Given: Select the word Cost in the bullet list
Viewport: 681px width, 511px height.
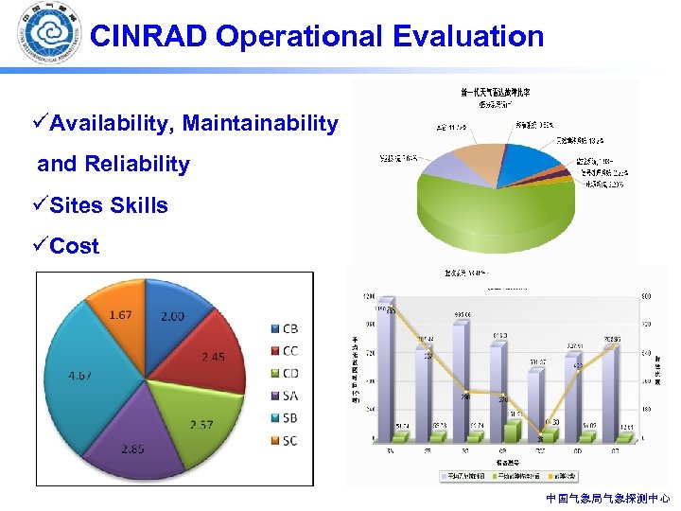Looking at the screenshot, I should tap(74, 246).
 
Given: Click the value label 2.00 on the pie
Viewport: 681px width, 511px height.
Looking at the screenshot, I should tap(172, 316).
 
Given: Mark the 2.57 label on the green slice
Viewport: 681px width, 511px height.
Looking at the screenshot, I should tap(200, 425).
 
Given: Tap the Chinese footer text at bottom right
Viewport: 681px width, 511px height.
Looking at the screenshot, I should tap(607, 498).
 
